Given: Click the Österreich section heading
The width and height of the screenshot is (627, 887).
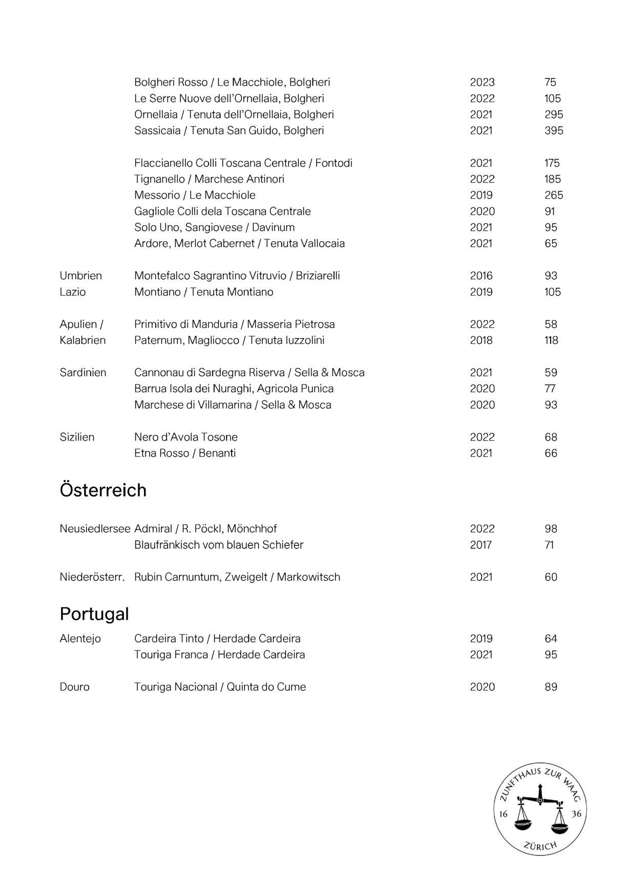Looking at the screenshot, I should tap(103, 490).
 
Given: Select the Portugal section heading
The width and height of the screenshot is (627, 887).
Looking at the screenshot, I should tap(94, 614).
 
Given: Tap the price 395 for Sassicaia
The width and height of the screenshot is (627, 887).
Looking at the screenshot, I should tap(553, 131).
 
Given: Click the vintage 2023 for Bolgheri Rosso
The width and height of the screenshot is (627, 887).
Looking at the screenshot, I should tap(482, 82).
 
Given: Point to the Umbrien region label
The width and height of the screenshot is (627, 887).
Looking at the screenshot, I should tap(81, 276).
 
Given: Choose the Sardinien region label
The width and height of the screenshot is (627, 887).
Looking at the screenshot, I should tap(83, 373).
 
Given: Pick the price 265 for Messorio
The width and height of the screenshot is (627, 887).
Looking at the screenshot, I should tap(553, 195).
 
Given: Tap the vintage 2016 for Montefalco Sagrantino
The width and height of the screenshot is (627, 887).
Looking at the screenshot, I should tap(481, 276).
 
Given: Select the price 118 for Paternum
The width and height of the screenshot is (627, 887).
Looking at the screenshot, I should tap(551, 341).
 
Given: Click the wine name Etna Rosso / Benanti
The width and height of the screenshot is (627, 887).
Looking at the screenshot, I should tap(185, 453).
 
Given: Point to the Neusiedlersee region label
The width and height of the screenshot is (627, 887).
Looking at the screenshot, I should tap(95, 529).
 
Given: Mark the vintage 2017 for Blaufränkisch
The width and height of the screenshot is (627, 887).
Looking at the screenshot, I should tap(480, 545).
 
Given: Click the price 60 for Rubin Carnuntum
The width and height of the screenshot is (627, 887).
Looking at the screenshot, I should tap(551, 577).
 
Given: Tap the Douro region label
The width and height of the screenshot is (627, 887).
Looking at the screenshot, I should tap(75, 687).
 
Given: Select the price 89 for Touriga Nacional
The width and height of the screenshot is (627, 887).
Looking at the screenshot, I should tap(551, 687).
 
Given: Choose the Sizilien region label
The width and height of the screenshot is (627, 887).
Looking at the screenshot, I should tap(77, 437).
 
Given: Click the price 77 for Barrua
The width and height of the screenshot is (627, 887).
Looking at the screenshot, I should tap(550, 389).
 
